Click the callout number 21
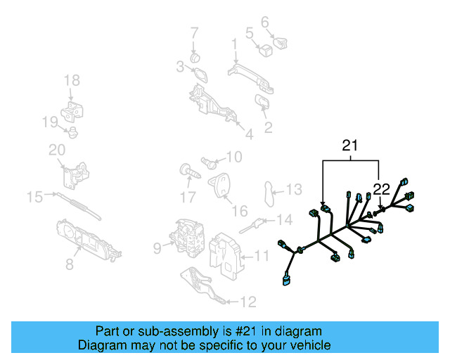(350, 146)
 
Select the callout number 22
(381, 188)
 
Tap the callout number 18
(72, 81)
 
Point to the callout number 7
(194, 32)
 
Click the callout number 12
(247, 302)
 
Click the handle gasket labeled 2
(262, 106)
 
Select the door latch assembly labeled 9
(187, 237)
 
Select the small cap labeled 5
(265, 49)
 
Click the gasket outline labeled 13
(269, 193)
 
